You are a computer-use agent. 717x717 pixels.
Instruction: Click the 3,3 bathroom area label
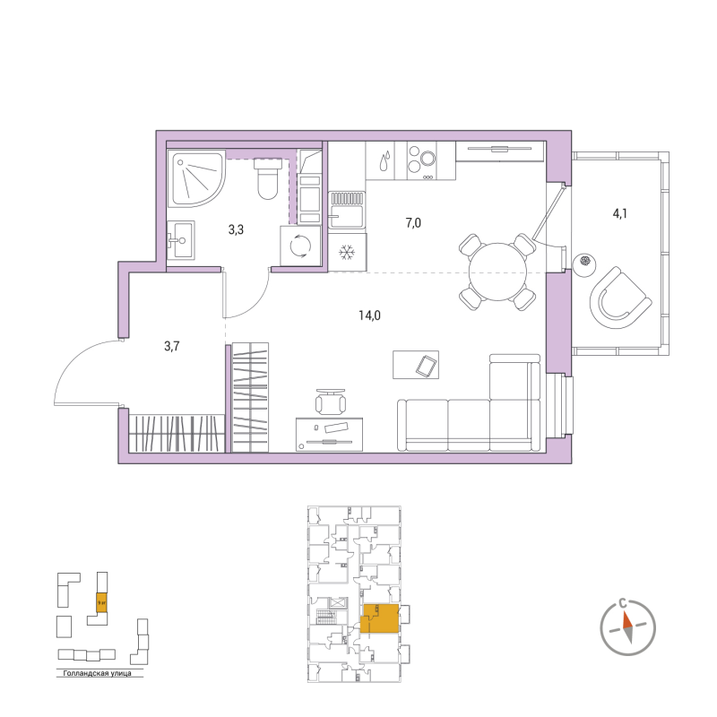pyautogui.click(x=236, y=229)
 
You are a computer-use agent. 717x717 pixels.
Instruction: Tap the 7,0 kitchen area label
pyautogui.click(x=413, y=223)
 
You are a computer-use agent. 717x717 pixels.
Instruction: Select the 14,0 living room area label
pyautogui.click(x=369, y=315)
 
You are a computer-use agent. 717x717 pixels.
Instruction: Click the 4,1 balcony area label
pyautogui.click(x=621, y=213)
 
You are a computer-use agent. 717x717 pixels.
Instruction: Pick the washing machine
pyautogui.click(x=298, y=246)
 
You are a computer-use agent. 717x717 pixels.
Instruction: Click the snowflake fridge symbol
pyautogui.click(x=346, y=253)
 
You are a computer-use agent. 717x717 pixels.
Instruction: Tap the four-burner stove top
pyautogui.click(x=421, y=160)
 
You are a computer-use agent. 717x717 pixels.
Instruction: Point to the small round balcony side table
pyautogui.click(x=584, y=262)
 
